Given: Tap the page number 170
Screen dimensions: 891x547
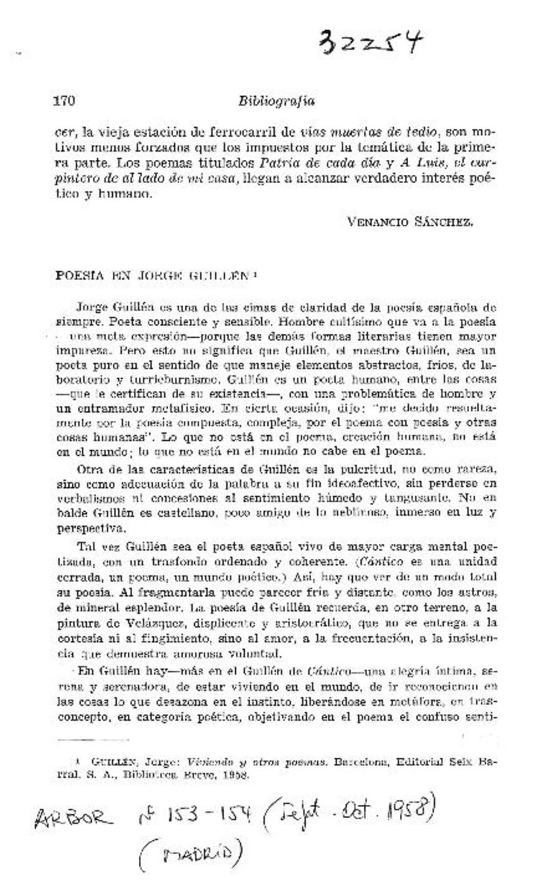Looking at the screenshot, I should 64,100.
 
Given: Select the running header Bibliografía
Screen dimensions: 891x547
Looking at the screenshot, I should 276,100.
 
